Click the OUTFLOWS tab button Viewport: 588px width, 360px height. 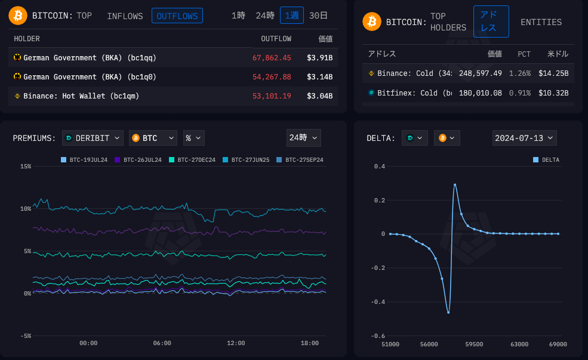tap(177, 16)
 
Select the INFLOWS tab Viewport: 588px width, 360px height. tap(125, 16)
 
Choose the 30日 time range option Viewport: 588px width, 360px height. tap(318, 16)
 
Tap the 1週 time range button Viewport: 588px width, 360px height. tap(291, 16)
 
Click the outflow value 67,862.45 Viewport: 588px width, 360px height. tap(272, 58)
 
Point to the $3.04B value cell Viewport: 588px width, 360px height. tap(319, 96)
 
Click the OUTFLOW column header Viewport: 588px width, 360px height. tap(276, 39)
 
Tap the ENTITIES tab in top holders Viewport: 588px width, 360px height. tap(541, 22)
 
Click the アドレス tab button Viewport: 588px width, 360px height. tap(491, 22)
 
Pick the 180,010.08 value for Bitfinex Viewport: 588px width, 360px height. tap(480, 93)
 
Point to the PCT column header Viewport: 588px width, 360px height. tap(524, 54)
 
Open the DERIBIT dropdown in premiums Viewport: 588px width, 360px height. tap(93, 138)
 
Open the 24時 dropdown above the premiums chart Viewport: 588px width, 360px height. tap(303, 138)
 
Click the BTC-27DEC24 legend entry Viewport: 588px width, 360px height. tap(192, 160)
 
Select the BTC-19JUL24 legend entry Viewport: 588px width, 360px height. tap(84, 160)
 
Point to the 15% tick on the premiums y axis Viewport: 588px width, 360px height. tap(26, 166)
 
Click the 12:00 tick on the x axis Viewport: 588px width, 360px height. tap(236, 343)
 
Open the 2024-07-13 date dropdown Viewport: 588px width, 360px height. tap(524, 138)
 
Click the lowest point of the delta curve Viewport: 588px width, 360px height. tap(448, 312)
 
